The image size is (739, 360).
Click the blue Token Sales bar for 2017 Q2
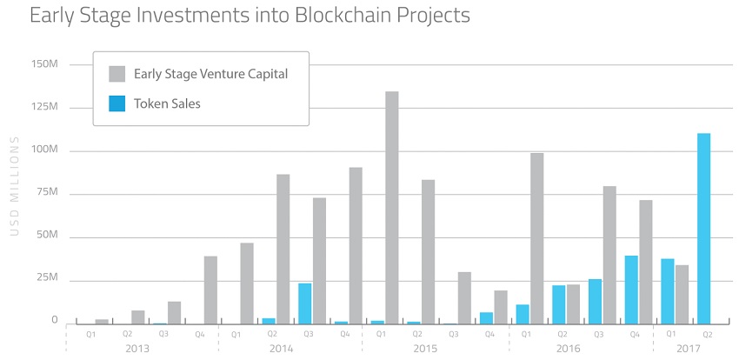pos(703,228)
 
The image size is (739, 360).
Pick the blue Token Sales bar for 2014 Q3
pos(304,303)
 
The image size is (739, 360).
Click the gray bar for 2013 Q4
pos(210,289)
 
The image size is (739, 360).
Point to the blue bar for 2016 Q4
pos(631,289)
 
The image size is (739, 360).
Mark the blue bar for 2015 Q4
pos(486,317)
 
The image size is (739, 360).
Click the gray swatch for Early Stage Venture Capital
pos(117,73)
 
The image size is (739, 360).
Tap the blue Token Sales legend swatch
pos(117,103)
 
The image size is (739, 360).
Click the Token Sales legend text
pos(168,103)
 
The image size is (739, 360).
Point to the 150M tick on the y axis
pos(43,64)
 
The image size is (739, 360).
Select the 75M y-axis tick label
pos(44,193)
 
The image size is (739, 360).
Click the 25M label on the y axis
pos(44,278)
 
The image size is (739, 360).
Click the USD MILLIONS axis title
pos(14,186)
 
